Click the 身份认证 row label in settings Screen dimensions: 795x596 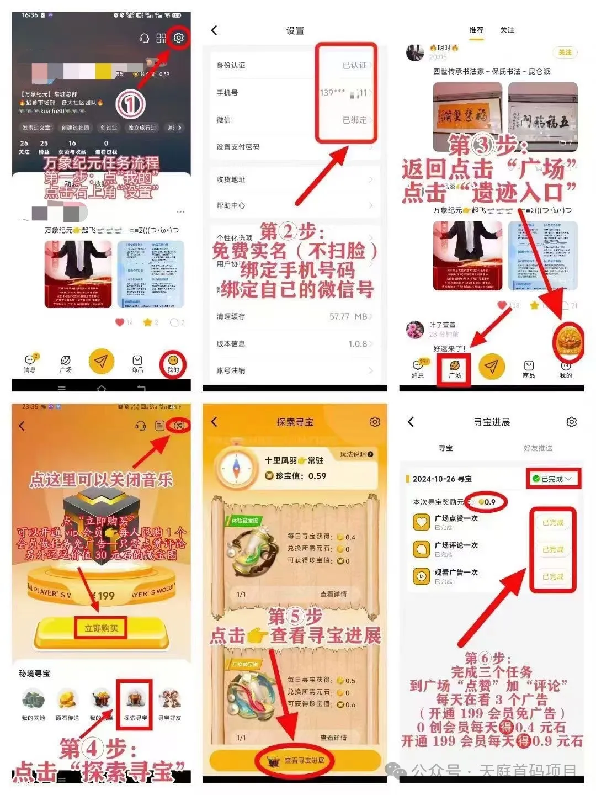[x=231, y=65]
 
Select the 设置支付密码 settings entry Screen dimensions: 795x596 [x=238, y=147]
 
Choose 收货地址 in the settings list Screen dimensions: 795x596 [x=231, y=179]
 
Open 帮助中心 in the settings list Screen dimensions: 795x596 [x=231, y=205]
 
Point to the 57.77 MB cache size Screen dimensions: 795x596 [x=348, y=316]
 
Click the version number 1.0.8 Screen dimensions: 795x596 [x=358, y=344]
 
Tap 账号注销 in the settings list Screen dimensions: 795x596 [x=231, y=370]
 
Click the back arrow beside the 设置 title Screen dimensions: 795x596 [x=215, y=30]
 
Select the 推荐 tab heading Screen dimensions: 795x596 [x=476, y=30]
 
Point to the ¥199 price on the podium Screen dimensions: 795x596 [x=103, y=596]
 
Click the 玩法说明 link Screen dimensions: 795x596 [x=356, y=454]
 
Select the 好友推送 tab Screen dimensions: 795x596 [x=538, y=448]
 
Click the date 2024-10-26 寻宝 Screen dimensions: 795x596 [x=442, y=479]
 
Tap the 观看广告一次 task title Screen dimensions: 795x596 [x=456, y=573]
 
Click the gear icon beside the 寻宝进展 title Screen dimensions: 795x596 [x=572, y=422]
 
